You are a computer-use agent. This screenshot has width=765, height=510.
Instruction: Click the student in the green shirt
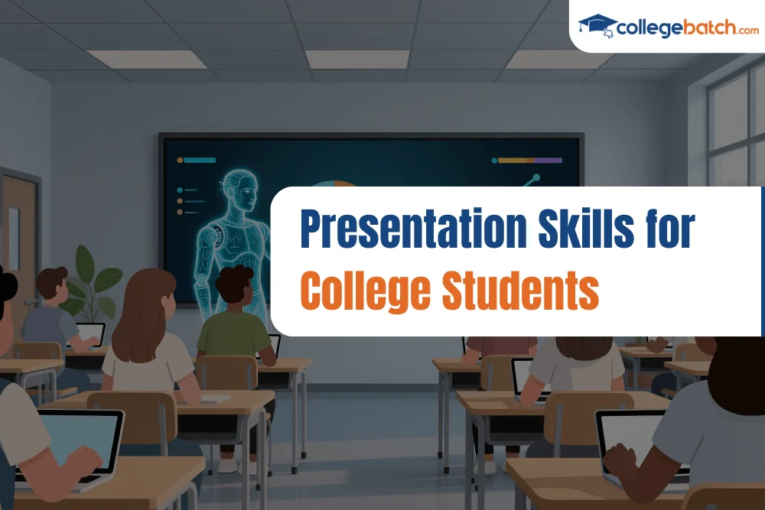(234, 321)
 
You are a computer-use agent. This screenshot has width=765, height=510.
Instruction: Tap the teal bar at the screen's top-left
(200, 161)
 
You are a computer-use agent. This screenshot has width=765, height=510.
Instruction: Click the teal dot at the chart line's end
(536, 177)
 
